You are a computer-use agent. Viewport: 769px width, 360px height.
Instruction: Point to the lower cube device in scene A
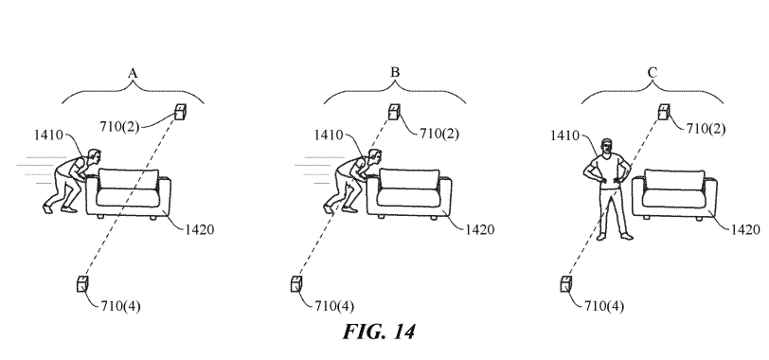(83, 283)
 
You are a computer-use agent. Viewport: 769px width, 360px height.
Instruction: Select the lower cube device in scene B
(297, 283)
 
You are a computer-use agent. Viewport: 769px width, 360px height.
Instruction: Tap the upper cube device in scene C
(666, 113)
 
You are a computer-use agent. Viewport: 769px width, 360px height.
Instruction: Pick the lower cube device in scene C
(568, 283)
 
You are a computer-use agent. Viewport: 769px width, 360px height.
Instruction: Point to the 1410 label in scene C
(566, 138)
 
